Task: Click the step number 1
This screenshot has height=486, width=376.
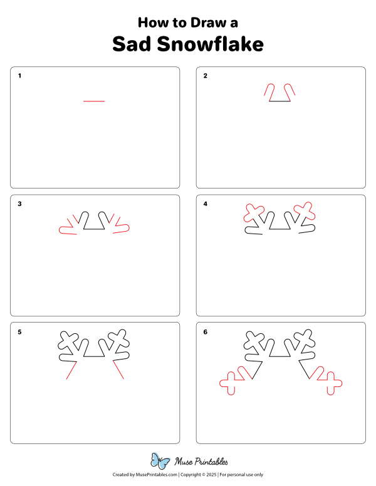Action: pos(19,76)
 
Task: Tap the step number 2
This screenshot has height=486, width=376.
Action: pos(206,76)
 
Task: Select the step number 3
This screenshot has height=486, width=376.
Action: pos(19,204)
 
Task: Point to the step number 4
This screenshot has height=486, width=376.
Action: pos(206,204)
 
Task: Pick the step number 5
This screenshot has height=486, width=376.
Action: pos(19,332)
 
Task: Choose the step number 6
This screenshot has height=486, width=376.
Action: pos(206,332)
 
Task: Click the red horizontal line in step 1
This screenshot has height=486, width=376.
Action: pos(94,101)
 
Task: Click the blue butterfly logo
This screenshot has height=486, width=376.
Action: pos(160,462)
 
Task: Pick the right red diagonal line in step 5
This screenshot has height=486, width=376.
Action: pos(117,371)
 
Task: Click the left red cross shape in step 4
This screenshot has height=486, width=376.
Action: pos(253,213)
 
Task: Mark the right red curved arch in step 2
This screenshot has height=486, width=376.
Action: pos(290,90)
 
